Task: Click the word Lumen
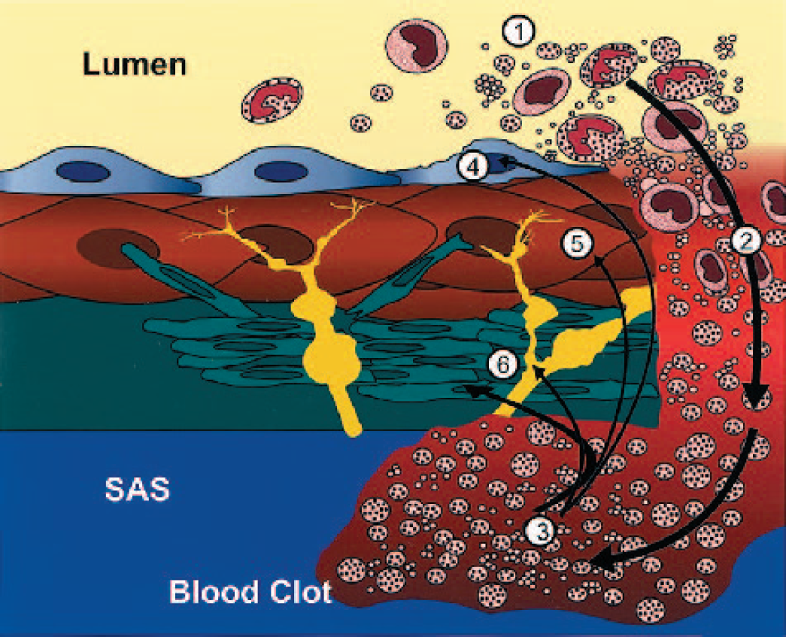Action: point(135,65)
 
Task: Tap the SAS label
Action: point(138,489)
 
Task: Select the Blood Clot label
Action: point(250,592)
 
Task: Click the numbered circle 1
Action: point(519,32)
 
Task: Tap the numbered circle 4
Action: point(473,166)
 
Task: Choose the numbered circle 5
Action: point(578,244)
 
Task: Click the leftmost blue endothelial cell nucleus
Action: point(83,172)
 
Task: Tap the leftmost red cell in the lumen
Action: point(273,100)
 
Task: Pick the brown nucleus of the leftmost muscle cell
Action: point(118,249)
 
